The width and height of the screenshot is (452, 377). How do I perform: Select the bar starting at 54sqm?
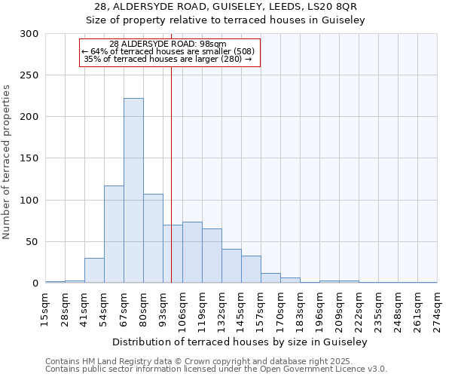pos(114,234)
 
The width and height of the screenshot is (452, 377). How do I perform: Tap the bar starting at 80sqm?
pos(153,238)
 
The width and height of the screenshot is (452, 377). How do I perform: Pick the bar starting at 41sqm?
pos(94,271)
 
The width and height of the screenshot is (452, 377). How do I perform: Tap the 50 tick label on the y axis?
pos(32,242)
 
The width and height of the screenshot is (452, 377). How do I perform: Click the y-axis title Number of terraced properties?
pos(7,162)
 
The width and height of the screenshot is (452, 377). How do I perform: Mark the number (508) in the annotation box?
pos(241,51)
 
